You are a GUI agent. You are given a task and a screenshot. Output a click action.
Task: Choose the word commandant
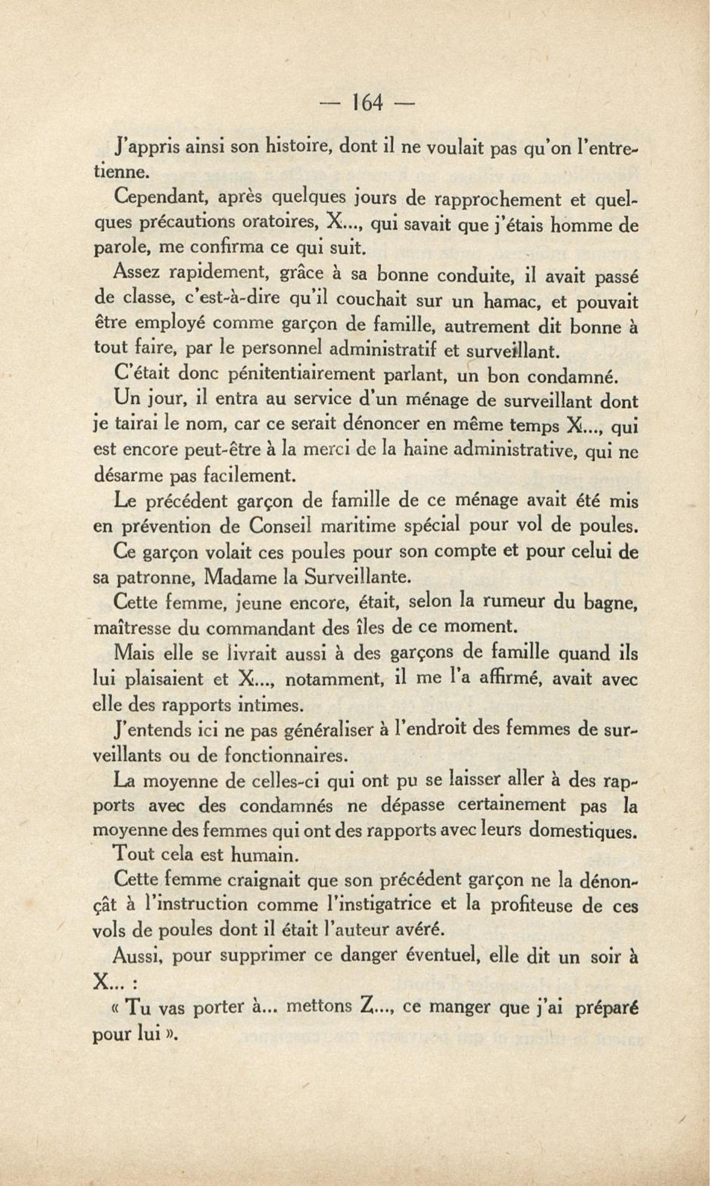pos(258,627)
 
